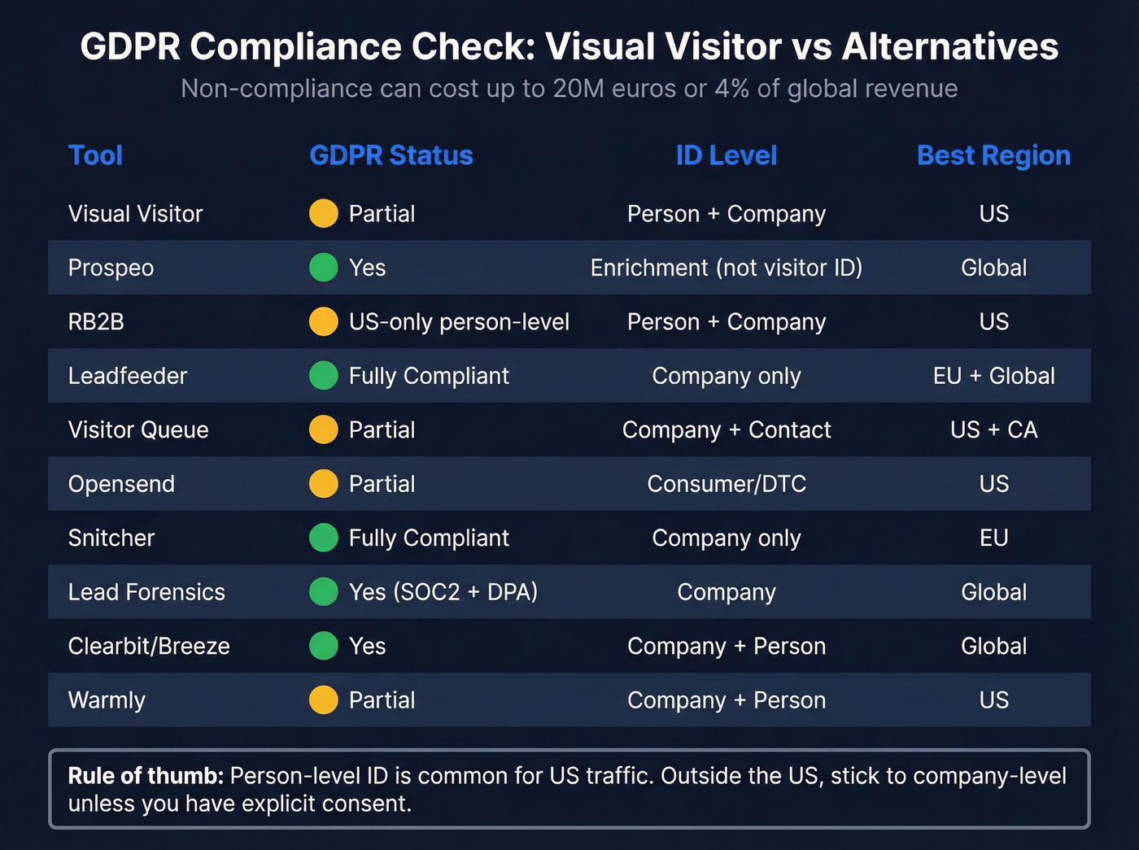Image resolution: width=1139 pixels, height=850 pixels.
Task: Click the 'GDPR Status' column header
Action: [391, 155]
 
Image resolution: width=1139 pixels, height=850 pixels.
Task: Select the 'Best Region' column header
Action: [993, 155]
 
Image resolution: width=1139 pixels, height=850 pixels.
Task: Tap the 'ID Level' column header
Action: [727, 155]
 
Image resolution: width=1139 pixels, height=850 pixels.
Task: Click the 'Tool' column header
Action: [95, 155]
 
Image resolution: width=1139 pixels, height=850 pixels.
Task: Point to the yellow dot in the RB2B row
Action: [324, 322]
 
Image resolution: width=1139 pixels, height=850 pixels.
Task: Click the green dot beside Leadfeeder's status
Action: [324, 376]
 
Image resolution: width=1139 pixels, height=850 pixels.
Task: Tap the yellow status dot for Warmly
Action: [324, 700]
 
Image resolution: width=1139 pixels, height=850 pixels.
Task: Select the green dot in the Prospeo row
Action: [324, 268]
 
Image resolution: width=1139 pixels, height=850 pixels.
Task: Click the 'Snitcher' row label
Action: [111, 538]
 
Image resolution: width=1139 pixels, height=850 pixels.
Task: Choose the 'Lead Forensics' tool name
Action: [146, 592]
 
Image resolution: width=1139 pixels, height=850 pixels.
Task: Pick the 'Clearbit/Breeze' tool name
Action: [149, 647]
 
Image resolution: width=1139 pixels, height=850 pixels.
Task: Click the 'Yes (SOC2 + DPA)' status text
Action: [443, 592]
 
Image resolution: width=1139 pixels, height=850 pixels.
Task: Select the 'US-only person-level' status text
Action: [459, 322]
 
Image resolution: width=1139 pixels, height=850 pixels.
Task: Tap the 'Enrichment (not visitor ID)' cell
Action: [727, 268]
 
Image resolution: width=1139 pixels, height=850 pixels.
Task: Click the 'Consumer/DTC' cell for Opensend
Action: [727, 484]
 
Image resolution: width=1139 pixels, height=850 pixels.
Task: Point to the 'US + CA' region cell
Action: [993, 430]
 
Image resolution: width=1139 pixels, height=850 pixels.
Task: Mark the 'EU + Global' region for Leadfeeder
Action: [993, 376]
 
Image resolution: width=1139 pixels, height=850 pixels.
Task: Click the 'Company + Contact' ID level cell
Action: [727, 430]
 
